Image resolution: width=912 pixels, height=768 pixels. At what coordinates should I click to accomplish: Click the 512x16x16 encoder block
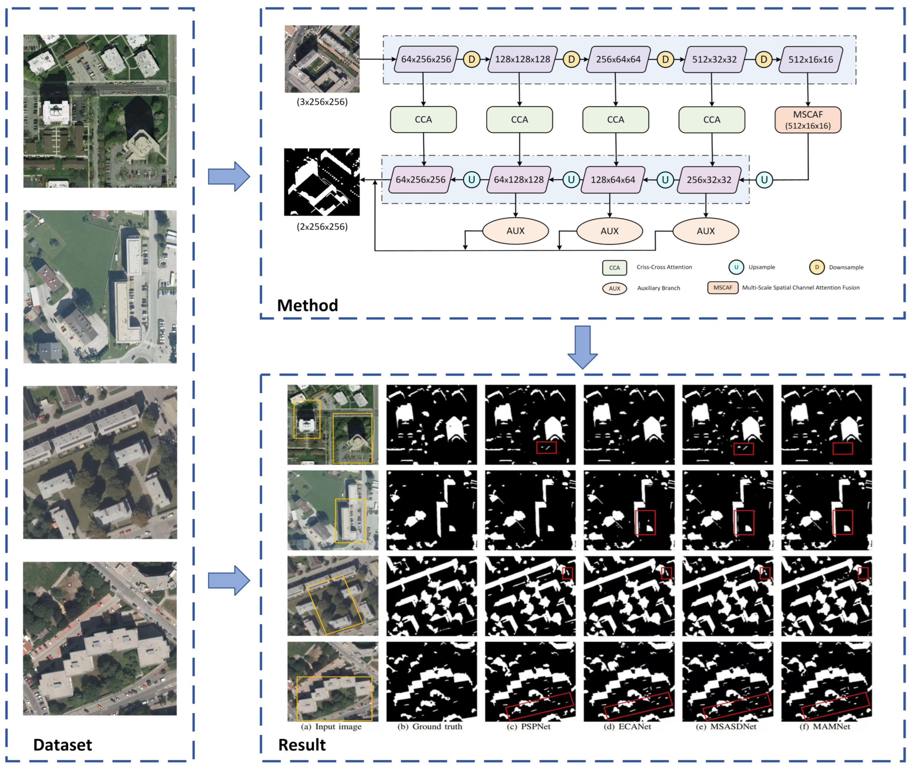coord(810,60)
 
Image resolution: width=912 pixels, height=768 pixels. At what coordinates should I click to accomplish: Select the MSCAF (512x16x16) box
coord(808,120)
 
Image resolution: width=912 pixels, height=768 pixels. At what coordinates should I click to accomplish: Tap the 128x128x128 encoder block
coord(522,60)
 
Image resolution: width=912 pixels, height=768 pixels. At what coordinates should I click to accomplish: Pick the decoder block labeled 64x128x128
coord(518,180)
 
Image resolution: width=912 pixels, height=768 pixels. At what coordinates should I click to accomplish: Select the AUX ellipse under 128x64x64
coord(609,231)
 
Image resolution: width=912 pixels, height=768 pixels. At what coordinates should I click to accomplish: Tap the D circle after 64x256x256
coord(471,60)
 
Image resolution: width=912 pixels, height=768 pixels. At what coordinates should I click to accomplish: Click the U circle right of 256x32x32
coord(764,180)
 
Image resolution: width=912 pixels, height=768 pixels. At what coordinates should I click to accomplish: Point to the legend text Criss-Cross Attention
coord(664,267)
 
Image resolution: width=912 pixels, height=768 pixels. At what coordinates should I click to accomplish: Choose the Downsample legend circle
coord(817,267)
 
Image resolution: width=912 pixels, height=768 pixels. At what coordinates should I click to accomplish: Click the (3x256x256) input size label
coord(322,102)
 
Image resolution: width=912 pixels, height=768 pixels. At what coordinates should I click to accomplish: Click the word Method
coord(307,306)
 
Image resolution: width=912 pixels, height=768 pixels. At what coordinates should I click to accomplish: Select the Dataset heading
coord(62,745)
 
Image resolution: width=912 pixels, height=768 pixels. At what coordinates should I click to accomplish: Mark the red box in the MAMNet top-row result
coord(842,448)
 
